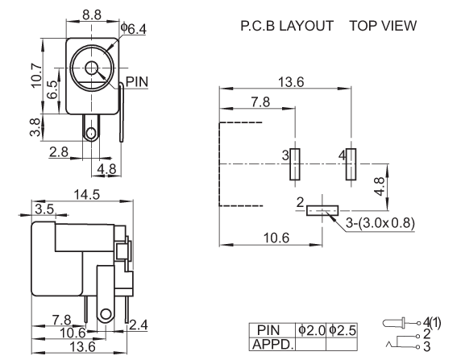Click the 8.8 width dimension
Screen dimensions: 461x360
pyautogui.click(x=92, y=14)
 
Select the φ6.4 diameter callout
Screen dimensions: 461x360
pyautogui.click(x=133, y=29)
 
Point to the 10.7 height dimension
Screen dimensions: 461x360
pyautogui.click(x=36, y=75)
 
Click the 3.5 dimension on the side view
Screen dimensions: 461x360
pyautogui.click(x=44, y=209)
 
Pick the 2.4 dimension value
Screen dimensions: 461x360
pyautogui.click(x=138, y=325)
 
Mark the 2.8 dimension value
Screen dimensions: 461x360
pyautogui.click(x=59, y=152)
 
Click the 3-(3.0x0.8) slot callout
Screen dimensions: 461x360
pyautogui.click(x=380, y=223)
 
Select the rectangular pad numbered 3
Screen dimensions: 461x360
pyautogui.click(x=295, y=164)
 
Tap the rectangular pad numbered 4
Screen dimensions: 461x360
pyautogui.click(x=351, y=164)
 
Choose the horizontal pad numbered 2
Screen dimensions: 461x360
pyautogui.click(x=322, y=211)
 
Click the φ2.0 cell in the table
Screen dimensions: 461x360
pyautogui.click(x=311, y=330)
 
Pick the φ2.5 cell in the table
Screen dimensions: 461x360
pyautogui.click(x=342, y=330)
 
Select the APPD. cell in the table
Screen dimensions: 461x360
pyautogui.click(x=272, y=344)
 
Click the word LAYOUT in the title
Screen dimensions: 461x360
pyautogui.click(x=306, y=26)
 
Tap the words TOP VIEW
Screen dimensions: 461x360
pyautogui.click(x=383, y=26)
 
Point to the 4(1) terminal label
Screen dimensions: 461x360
pyautogui.click(x=432, y=323)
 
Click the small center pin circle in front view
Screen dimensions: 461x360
pyautogui.click(x=91, y=68)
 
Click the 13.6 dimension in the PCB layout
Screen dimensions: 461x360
pyautogui.click(x=291, y=82)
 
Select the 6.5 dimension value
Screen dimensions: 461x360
pyautogui.click(x=52, y=90)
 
